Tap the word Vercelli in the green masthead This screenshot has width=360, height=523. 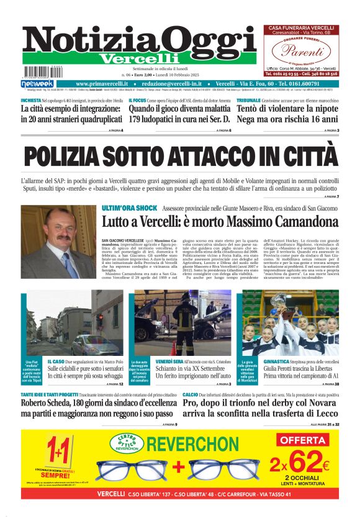pos(128,58)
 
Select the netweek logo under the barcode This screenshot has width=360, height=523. pos(37,83)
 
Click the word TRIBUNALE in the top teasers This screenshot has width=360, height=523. pos(248,100)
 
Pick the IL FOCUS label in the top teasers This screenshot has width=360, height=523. pos(138,100)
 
